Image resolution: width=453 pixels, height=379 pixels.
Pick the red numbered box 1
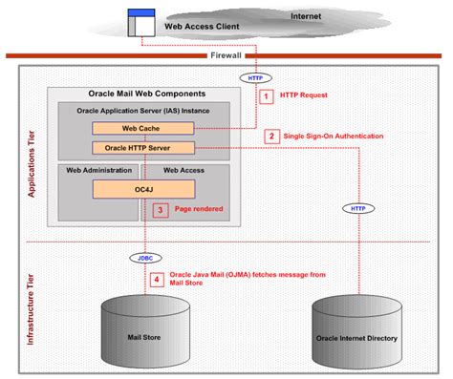(x=268, y=96)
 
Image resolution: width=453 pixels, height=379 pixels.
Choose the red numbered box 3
(x=162, y=209)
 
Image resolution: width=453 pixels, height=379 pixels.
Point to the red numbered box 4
(x=159, y=279)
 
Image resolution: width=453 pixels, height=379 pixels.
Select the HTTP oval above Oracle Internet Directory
(x=356, y=207)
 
